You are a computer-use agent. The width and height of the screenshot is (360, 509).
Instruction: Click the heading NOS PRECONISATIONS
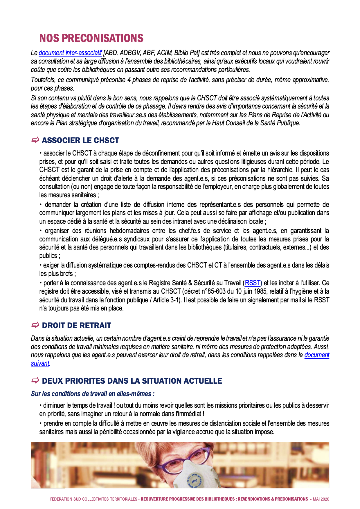point(91,38)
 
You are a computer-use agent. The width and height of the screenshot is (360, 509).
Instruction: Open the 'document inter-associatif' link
point(70,53)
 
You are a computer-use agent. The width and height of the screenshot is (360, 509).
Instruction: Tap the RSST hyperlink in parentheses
point(253,283)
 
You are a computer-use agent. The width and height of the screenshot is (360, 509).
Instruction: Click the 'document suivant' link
point(316,355)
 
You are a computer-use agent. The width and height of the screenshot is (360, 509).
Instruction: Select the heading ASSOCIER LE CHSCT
point(80,140)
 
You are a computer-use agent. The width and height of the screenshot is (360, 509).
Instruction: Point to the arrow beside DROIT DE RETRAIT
point(35,325)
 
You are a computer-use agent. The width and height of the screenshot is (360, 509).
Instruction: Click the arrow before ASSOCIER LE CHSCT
point(35,140)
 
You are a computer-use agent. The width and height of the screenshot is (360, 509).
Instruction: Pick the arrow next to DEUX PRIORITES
point(35,380)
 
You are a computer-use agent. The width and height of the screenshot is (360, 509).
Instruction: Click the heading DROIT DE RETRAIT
point(76,326)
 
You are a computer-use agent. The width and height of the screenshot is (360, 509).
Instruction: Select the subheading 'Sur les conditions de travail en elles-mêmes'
point(93,394)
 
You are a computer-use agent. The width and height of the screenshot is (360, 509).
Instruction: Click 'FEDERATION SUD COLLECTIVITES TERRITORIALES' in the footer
point(93,499)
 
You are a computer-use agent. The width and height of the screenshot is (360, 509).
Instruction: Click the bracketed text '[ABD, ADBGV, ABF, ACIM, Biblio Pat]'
point(151,53)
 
